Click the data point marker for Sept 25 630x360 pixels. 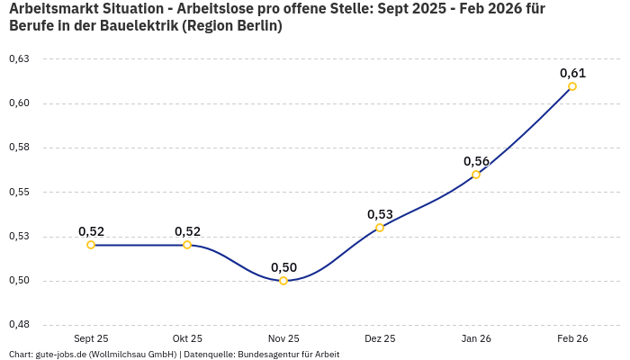coord(91,245)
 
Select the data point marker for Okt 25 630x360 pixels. coord(187,245)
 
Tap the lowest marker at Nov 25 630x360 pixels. coord(283,281)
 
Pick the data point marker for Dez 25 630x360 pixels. coord(380,228)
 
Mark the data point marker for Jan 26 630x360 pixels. coord(476,175)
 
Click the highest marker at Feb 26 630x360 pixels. coord(572,86)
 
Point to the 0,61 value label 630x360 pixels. coord(572,73)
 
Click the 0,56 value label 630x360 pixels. coord(476,161)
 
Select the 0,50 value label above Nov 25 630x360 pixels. coord(283,267)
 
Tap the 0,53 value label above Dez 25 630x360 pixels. coord(380,214)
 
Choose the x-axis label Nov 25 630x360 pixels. coord(283,338)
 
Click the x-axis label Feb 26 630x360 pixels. coord(572,338)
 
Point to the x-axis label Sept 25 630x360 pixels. coord(91,338)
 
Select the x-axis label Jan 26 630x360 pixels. coord(476,338)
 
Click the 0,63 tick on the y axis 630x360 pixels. coord(19,59)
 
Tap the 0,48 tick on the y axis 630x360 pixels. coord(19,325)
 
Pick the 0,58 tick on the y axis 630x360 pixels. coord(19,148)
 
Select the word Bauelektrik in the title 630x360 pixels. coord(136,26)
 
